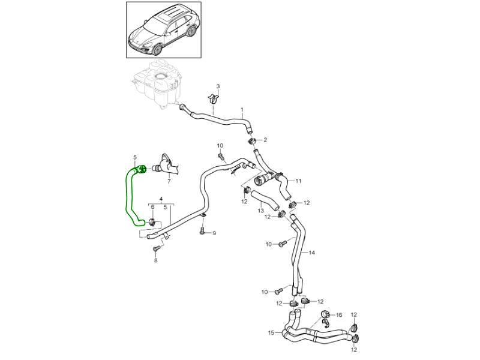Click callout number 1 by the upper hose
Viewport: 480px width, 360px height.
click(242, 110)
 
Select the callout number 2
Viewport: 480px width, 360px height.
click(265, 140)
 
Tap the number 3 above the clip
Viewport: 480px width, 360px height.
click(218, 87)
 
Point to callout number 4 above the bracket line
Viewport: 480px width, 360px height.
click(161, 198)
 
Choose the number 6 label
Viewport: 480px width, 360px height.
click(152, 208)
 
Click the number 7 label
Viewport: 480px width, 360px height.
click(169, 181)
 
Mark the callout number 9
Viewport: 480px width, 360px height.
click(214, 233)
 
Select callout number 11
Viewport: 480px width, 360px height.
click(298, 181)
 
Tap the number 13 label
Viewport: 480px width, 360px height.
click(261, 211)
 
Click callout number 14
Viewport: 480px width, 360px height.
click(312, 253)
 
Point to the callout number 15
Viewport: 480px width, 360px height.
click(271, 332)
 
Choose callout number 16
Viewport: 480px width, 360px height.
click(338, 314)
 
